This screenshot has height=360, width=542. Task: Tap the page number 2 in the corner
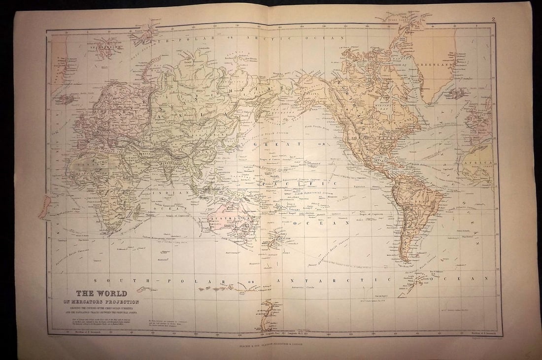click(x=493, y=20)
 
